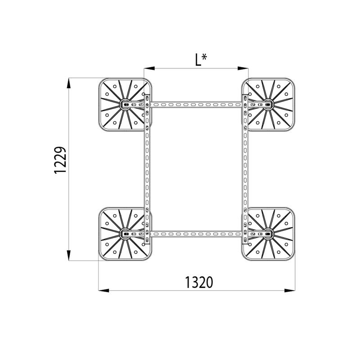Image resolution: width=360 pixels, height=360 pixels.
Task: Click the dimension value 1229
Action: tap(61, 160)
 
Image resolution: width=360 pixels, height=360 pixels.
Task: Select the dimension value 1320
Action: tap(199, 282)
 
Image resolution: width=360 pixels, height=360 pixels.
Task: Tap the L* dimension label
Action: tap(201, 60)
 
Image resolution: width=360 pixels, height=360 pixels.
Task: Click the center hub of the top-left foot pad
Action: tap(126, 105)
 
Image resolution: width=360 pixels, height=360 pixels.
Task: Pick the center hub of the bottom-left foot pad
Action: tap(126, 234)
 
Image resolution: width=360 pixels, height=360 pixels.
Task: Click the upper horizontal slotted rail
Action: tap(196, 105)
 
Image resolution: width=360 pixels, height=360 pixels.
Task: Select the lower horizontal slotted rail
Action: tap(196, 234)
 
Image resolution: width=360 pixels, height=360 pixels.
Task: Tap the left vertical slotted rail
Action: tap(147, 169)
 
